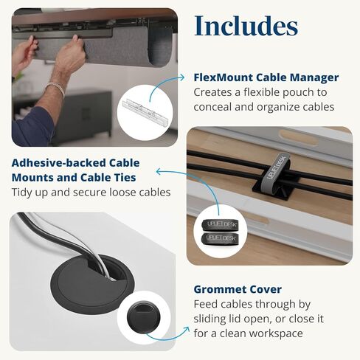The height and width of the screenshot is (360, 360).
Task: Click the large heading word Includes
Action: click(x=246, y=26)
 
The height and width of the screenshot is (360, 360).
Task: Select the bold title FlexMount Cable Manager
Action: click(x=266, y=77)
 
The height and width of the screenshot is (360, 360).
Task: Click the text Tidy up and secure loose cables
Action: click(x=91, y=193)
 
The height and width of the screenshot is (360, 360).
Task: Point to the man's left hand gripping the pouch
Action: click(x=71, y=53)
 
